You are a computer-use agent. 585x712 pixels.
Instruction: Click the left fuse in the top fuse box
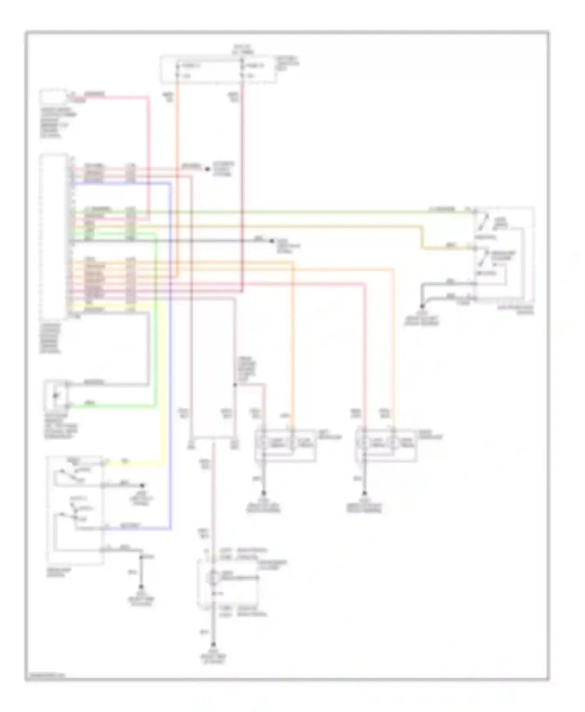pos(177,70)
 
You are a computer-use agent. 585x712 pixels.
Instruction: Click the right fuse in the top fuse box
pos(242,70)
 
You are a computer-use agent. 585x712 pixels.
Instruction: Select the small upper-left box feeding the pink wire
pos(54,96)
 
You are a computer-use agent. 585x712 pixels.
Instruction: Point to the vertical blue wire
pos(170,351)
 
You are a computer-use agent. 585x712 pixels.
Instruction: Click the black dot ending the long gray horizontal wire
pos(272,241)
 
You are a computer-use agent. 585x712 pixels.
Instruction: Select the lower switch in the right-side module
pos(485,259)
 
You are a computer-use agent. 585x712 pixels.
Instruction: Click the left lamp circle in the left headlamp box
pos(264,443)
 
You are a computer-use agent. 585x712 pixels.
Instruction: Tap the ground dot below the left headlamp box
pos(264,493)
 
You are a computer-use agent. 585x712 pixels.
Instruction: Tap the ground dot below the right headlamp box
pos(365,493)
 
